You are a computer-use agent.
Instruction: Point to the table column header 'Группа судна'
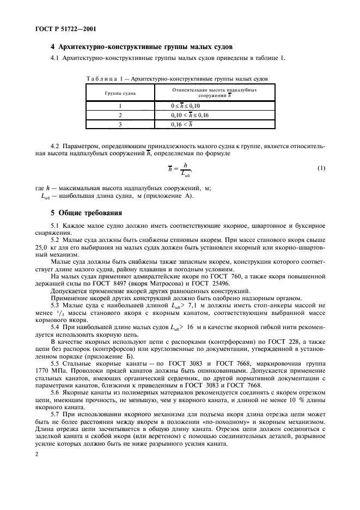pos(121,93)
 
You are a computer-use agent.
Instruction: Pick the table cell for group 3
pos(121,125)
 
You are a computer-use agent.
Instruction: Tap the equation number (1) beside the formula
pos(321,168)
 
